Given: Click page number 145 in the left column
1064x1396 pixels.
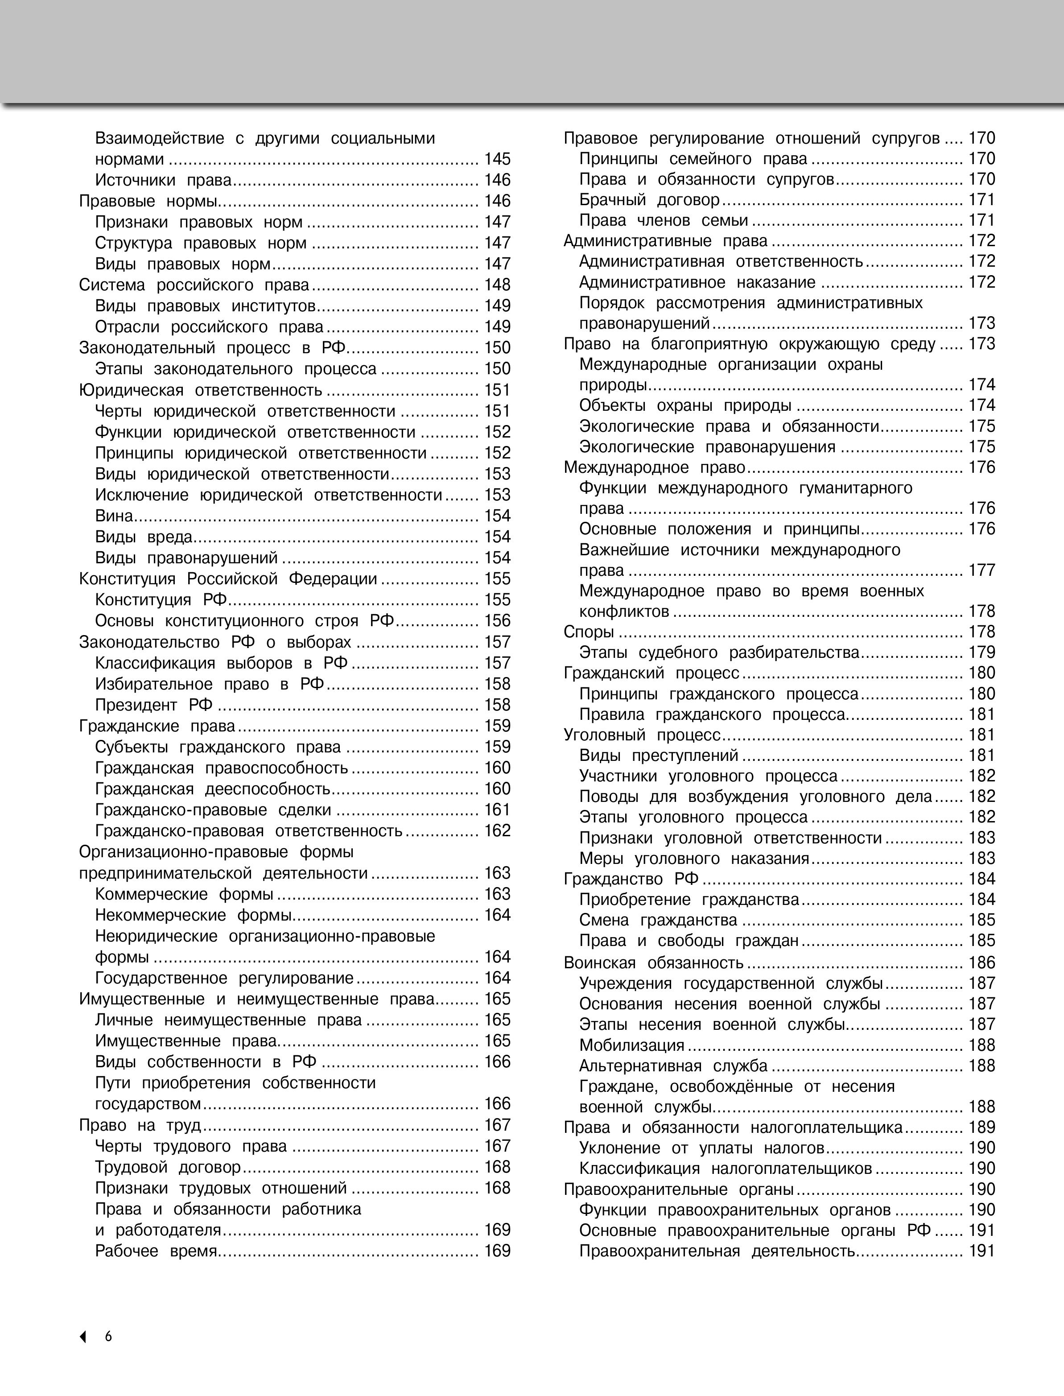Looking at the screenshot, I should pyautogui.click(x=497, y=159).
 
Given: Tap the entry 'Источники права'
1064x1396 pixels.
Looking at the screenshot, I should pyautogui.click(x=163, y=180).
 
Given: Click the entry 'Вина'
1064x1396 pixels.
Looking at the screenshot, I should pyautogui.click(x=114, y=516).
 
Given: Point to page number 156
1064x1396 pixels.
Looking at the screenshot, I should pyautogui.click(x=497, y=621).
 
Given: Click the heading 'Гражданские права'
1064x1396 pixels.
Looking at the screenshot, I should pyautogui.click(x=157, y=726).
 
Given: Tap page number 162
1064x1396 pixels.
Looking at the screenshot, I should pyautogui.click(x=497, y=830).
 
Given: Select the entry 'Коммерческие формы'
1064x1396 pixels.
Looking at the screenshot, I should pyautogui.click(x=184, y=894).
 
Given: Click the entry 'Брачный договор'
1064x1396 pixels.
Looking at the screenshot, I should pyautogui.click(x=649, y=200).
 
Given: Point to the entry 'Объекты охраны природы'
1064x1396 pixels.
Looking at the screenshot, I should pyautogui.click(x=685, y=405).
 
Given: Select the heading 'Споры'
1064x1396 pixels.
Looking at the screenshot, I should pyautogui.click(x=589, y=632).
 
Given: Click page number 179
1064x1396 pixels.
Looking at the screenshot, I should pyautogui.click(x=982, y=653).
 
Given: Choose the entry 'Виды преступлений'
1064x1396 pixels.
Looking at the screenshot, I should pyautogui.click(x=659, y=755).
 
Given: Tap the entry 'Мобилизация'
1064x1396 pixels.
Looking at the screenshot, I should pyautogui.click(x=631, y=1045).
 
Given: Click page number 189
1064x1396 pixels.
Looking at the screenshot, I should pyautogui.click(x=982, y=1128).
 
